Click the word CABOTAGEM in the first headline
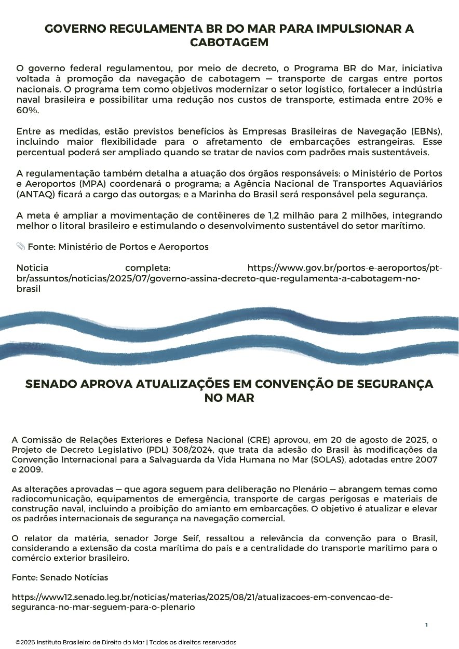[x=229, y=43]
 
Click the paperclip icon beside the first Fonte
[x=21, y=246]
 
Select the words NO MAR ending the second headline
[x=229, y=398]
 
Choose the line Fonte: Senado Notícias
[x=60, y=577]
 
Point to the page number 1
[x=426, y=625]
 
